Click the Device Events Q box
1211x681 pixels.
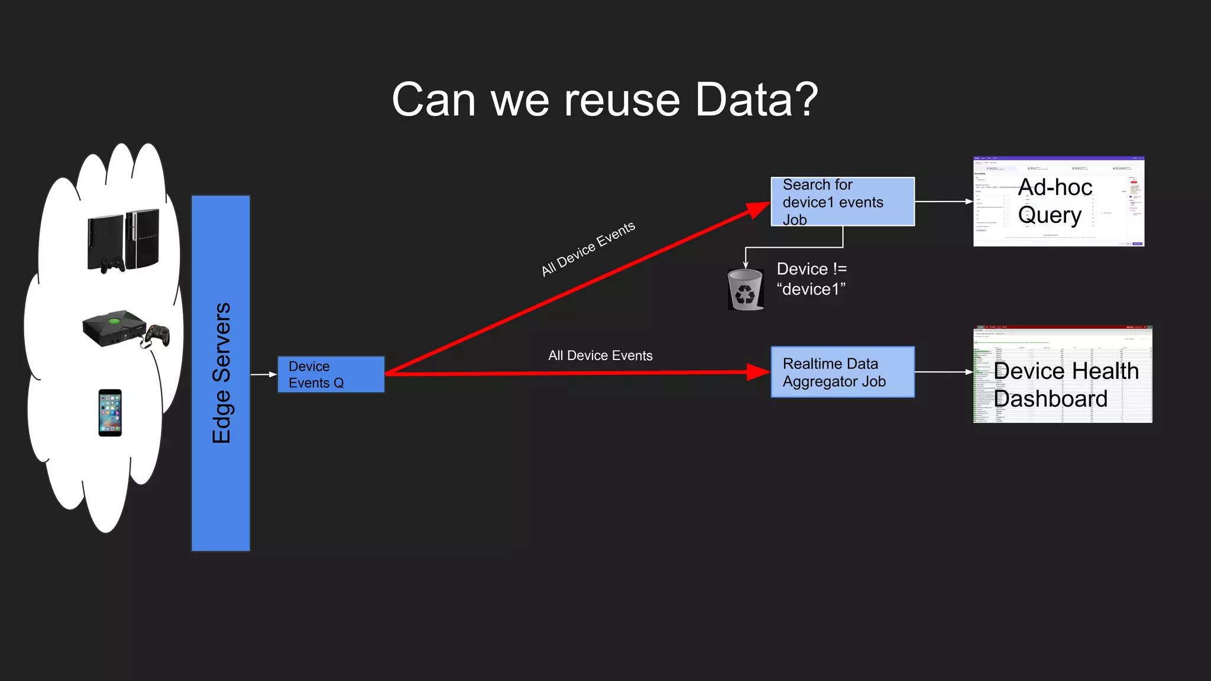331,374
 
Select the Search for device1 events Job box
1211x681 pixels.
842,202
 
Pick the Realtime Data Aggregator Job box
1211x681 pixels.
842,372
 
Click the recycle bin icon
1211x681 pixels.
745,290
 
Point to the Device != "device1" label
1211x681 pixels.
811,279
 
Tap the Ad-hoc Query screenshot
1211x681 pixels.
1058,202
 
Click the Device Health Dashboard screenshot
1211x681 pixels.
1062,374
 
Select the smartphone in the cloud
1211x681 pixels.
110,413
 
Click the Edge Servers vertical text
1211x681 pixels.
221,373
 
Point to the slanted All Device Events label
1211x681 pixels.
588,249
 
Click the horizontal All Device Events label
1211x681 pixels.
600,355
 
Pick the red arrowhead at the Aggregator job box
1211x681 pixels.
758,372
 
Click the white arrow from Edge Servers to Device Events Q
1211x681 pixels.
264,374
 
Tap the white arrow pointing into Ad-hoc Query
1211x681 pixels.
944,202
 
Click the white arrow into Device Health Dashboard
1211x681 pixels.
944,372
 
